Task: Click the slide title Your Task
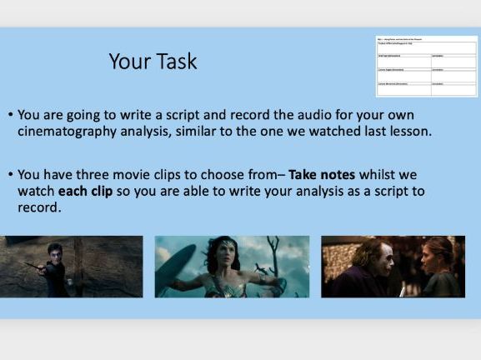point(153,62)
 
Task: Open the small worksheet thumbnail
point(426,66)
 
